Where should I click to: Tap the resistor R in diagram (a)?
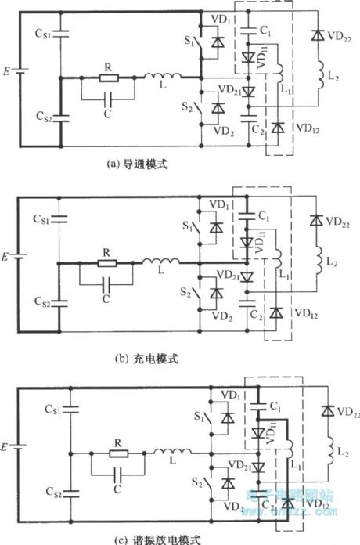click(107, 78)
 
